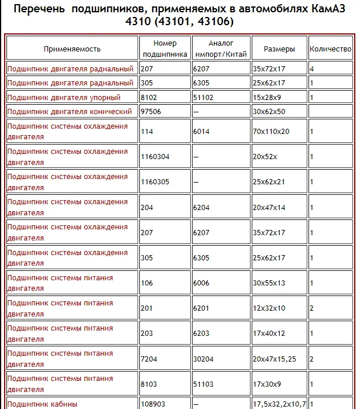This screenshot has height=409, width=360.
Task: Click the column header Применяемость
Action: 72,49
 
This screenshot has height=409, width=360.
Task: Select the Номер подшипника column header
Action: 164,49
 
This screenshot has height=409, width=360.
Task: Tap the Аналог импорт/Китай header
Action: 220,49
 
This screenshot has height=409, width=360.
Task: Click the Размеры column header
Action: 279,49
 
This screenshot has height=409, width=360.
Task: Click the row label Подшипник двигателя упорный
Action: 64,98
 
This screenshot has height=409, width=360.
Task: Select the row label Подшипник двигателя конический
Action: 70,112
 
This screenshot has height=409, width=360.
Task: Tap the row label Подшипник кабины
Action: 42,404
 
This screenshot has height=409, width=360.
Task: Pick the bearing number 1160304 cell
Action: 155,157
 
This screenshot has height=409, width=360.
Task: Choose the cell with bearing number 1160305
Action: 155,182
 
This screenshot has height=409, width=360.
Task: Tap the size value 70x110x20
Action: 271,132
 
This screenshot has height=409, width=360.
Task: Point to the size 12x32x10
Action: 269,308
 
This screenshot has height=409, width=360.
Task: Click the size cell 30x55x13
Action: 269,283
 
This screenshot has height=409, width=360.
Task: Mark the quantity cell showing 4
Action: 312,69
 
